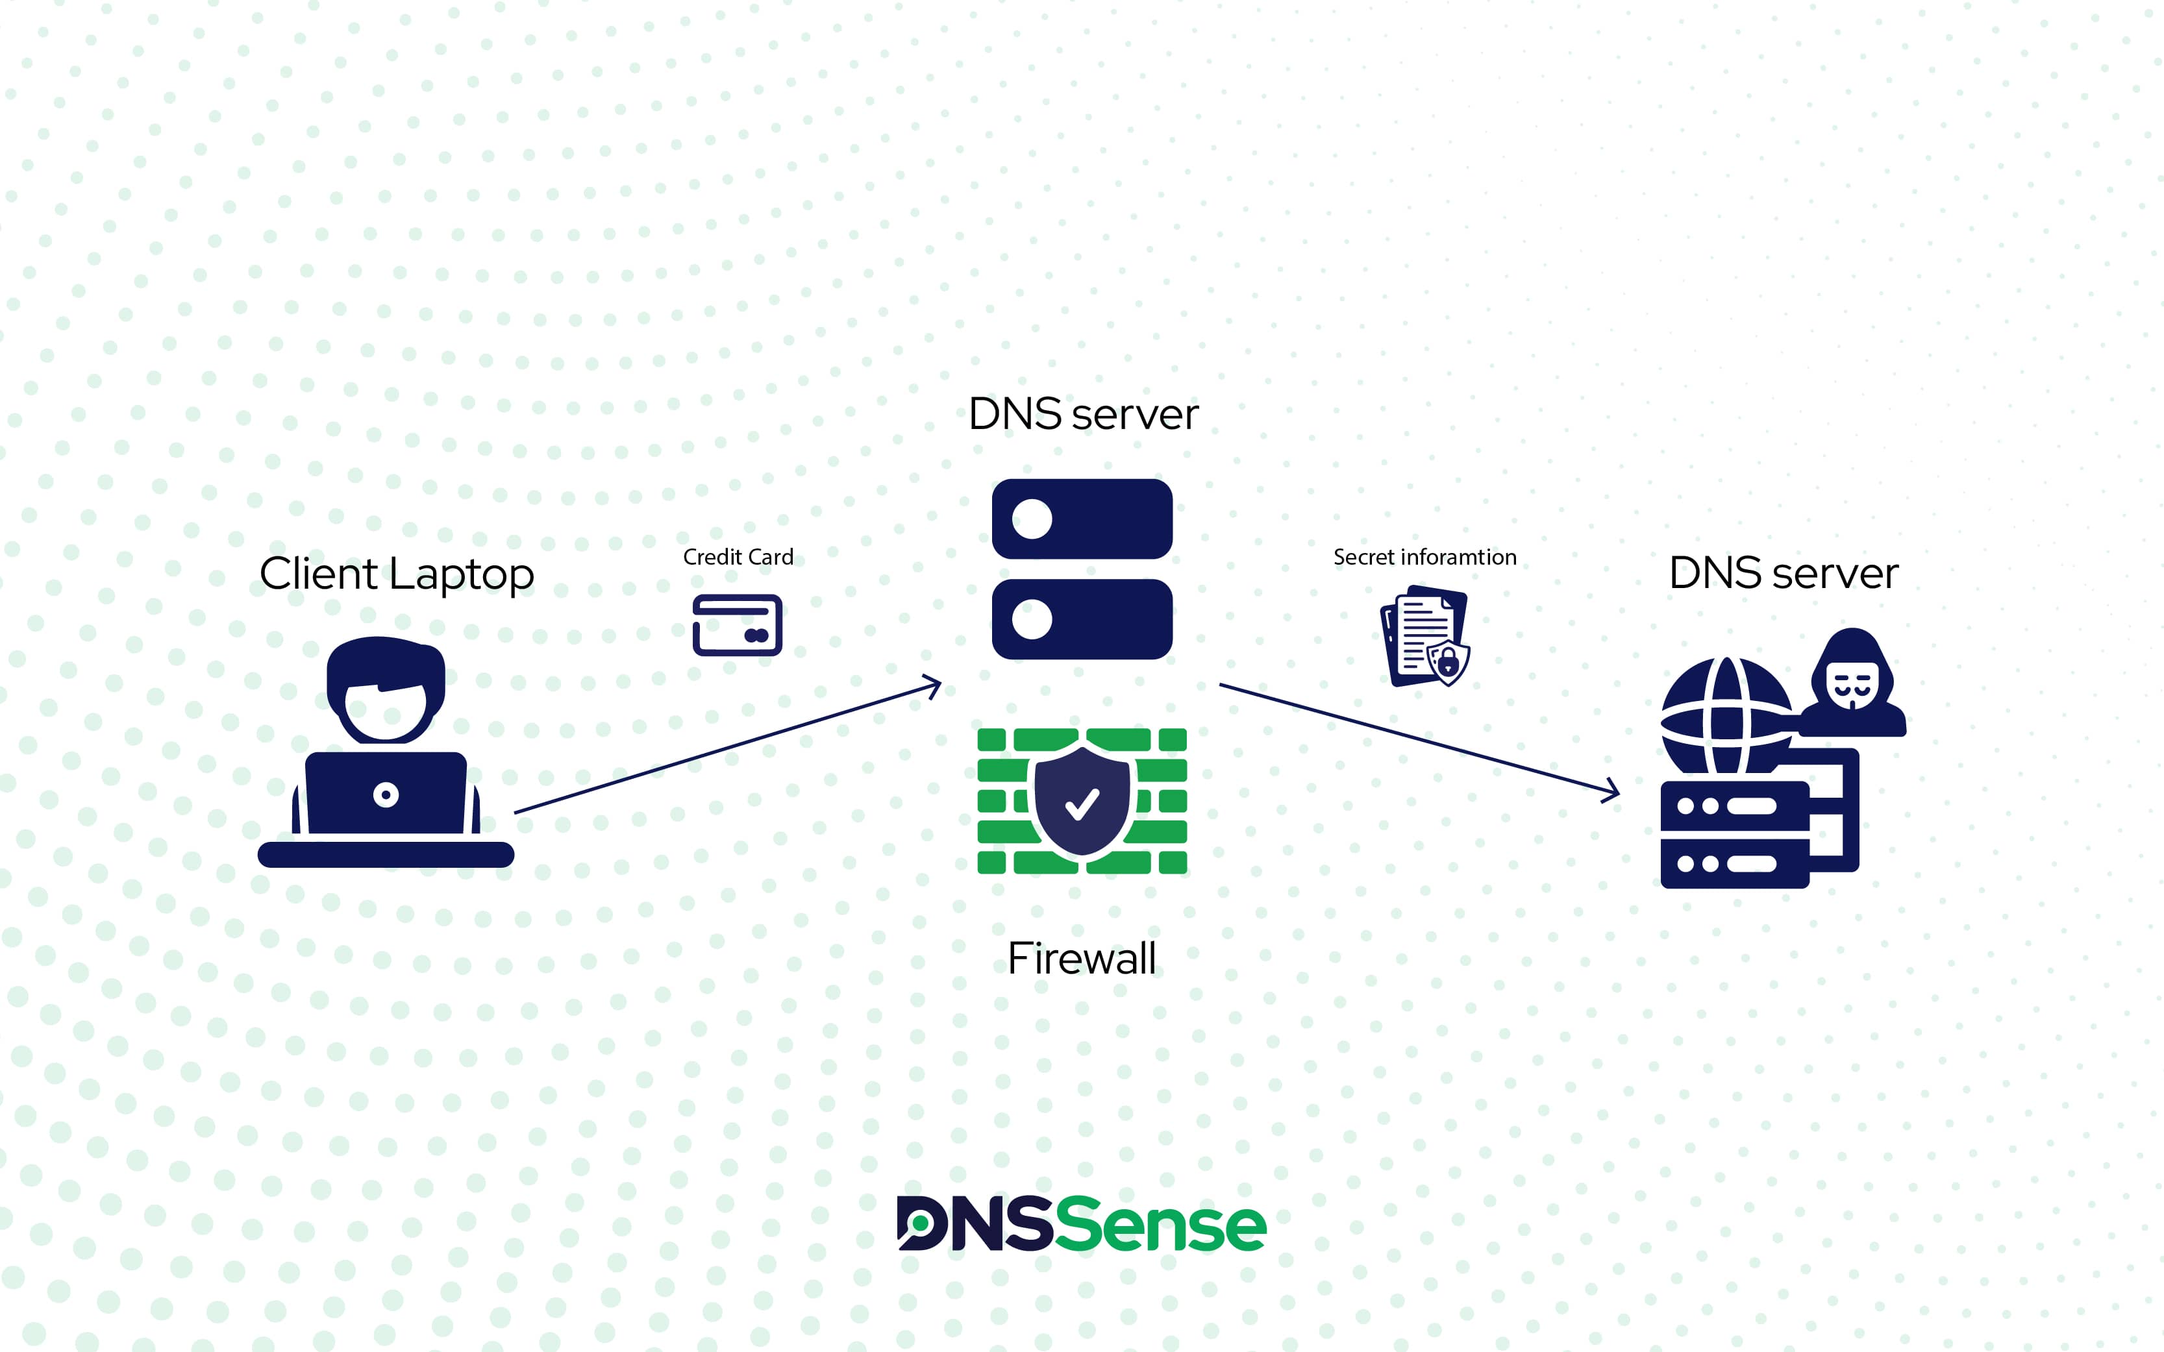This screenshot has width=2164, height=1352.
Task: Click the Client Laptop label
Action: pyautogui.click(x=396, y=574)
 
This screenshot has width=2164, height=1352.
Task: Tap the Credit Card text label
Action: pyautogui.click(x=738, y=557)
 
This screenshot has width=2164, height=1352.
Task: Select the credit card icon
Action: pyautogui.click(x=737, y=625)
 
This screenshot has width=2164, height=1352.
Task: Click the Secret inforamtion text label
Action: pyautogui.click(x=1424, y=557)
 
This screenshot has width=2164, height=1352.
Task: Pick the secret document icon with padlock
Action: pyautogui.click(x=1426, y=636)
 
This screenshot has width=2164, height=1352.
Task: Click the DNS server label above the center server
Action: pyautogui.click(x=1083, y=414)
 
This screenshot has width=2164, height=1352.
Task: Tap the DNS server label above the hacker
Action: pyautogui.click(x=1783, y=573)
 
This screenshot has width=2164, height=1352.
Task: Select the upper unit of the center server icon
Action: pyautogui.click(x=1082, y=519)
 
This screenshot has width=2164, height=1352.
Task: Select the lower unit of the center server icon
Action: pyautogui.click(x=1082, y=619)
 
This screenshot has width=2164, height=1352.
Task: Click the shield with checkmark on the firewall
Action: pyautogui.click(x=1082, y=801)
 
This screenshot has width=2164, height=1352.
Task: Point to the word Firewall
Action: pyautogui.click(x=1081, y=959)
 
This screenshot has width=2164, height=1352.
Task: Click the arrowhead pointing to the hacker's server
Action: pyautogui.click(x=1611, y=791)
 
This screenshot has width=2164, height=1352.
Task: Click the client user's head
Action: pyautogui.click(x=386, y=691)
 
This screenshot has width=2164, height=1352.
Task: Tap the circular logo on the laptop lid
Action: pyautogui.click(x=386, y=794)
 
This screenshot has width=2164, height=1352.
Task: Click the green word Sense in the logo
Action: pyautogui.click(x=1162, y=1224)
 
